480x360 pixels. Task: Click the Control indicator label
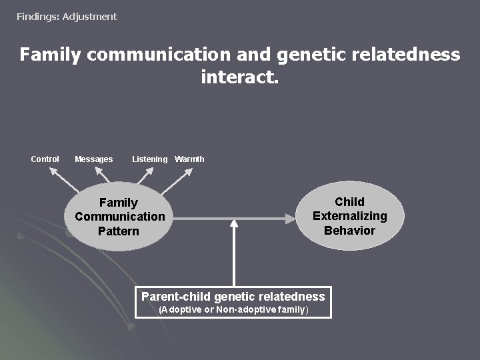pos(45,159)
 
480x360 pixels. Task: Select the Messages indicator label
pos(93,159)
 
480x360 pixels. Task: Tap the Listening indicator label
pos(149,159)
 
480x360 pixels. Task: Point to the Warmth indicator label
pos(189,159)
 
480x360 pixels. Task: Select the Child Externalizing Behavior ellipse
pos(349,216)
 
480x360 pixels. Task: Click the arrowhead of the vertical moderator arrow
pos(233,224)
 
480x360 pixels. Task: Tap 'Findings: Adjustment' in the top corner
pos(67,16)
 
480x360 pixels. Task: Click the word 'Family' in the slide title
pos(50,54)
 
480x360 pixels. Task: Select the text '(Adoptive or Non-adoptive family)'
pos(233,310)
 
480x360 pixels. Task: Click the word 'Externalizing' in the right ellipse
pos(349,216)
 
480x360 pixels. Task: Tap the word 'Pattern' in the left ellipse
pos(119,231)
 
